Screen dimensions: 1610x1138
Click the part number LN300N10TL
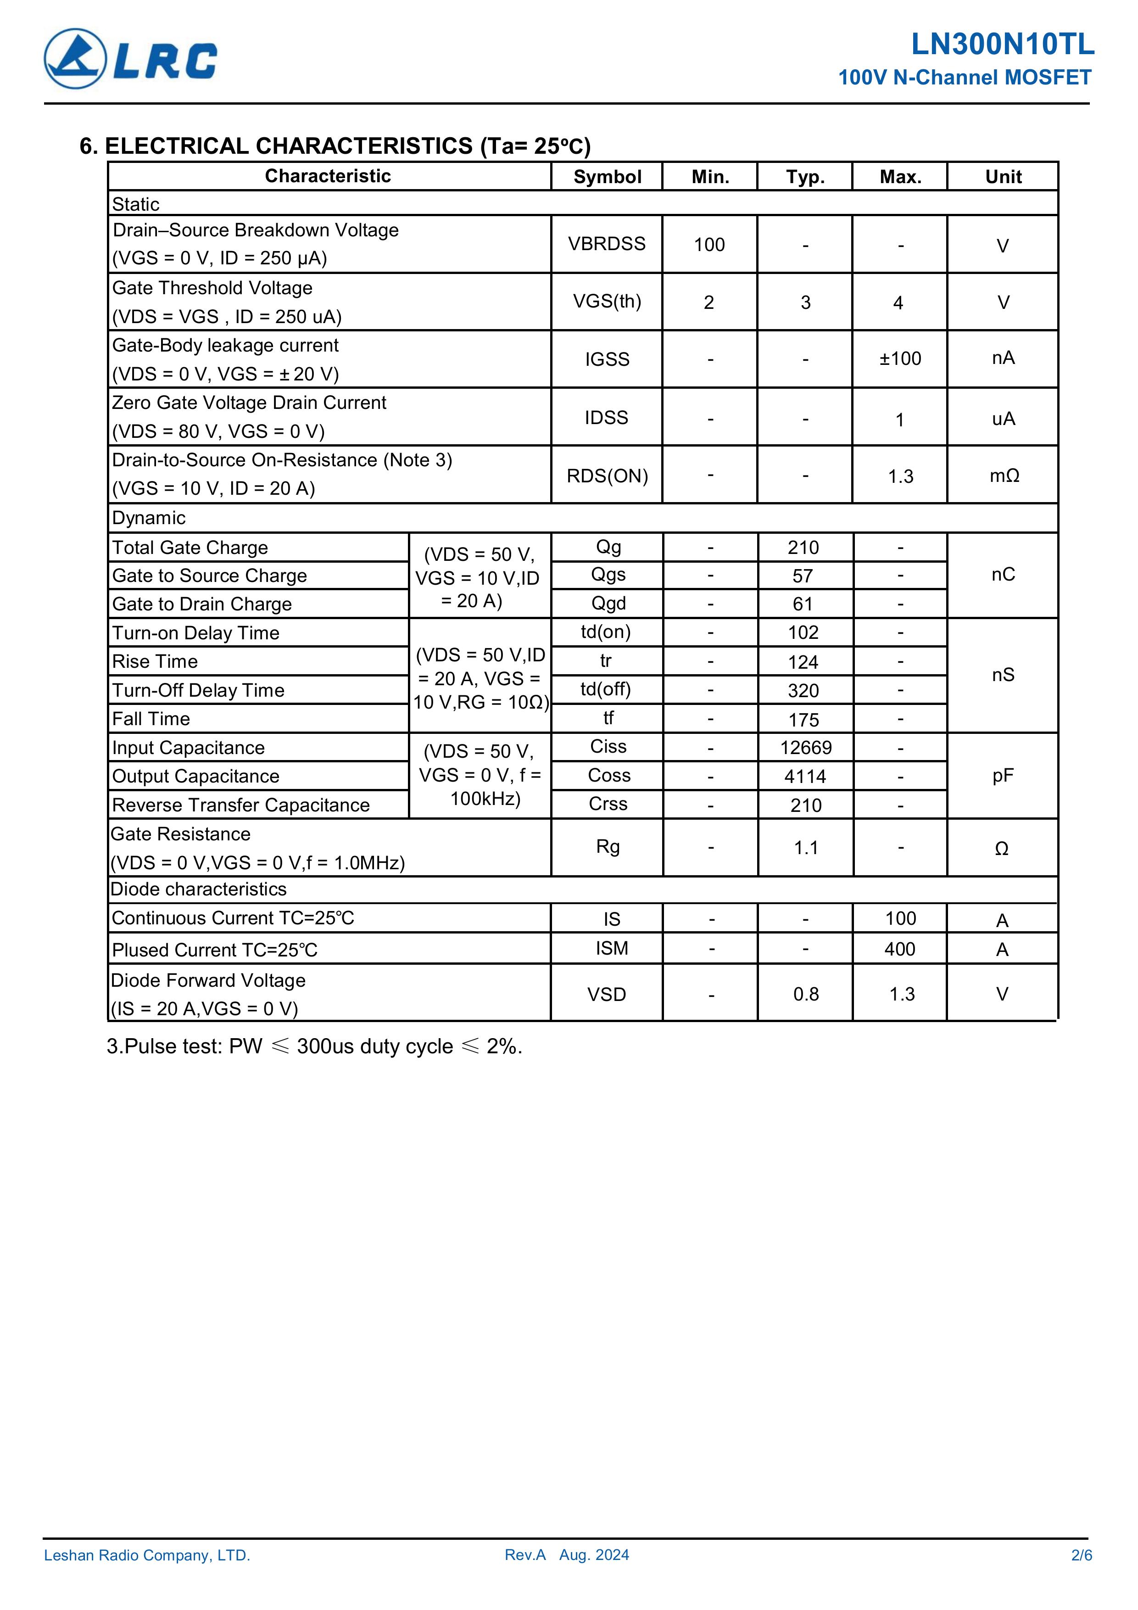1002,45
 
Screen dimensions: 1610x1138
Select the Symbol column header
607,177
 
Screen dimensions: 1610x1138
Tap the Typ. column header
805,177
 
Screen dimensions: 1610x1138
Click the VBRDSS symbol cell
607,244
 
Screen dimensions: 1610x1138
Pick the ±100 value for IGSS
900,359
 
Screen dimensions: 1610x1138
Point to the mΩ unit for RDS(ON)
1004,476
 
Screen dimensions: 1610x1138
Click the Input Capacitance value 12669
806,748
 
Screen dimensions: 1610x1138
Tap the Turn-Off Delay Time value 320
803,691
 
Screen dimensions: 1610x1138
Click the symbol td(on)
606,632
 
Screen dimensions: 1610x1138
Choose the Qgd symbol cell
608,603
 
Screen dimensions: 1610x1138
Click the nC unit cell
1003,575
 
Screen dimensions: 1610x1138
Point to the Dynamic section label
149,518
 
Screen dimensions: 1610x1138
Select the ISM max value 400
899,950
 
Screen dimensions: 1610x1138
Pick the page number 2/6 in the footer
1081,1555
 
